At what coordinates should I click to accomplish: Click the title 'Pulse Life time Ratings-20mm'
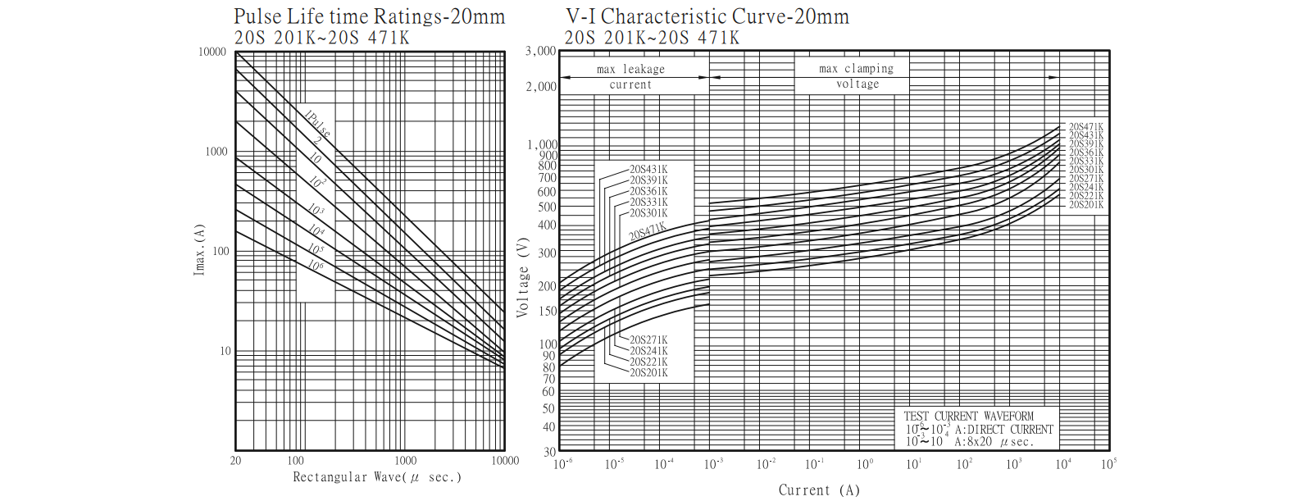(369, 16)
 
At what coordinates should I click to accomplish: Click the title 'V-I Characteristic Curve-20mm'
(707, 16)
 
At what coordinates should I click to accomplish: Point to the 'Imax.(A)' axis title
(199, 249)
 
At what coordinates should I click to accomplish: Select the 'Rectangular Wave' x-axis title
(376, 477)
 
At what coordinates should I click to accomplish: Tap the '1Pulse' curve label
(317, 123)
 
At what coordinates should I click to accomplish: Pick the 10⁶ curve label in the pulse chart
(316, 266)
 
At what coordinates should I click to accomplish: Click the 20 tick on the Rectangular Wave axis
(236, 461)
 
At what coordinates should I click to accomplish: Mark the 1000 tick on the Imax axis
(216, 152)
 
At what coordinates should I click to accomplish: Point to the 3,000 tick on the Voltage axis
(540, 52)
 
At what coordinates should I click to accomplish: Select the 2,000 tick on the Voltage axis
(540, 87)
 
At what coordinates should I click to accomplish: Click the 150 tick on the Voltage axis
(547, 312)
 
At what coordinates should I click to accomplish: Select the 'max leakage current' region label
(630, 77)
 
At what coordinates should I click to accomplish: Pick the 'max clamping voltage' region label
(857, 76)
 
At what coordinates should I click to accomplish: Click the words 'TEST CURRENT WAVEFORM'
(968, 417)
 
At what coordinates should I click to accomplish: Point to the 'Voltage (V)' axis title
(523, 279)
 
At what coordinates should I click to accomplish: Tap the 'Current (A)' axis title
(818, 490)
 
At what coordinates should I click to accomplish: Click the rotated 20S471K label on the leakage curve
(647, 232)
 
